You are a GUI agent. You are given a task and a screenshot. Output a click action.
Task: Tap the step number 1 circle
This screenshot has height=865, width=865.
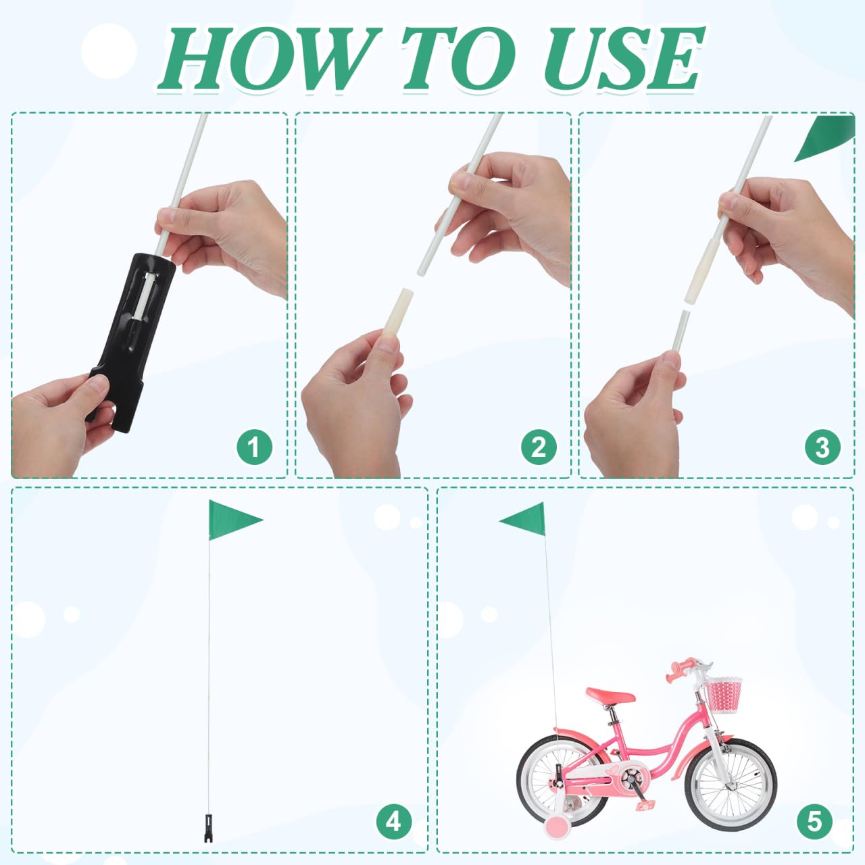[x=255, y=447]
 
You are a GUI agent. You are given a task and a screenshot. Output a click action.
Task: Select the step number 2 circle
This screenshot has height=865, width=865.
[x=539, y=447]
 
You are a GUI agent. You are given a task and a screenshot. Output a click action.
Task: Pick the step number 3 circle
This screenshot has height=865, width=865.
[x=823, y=447]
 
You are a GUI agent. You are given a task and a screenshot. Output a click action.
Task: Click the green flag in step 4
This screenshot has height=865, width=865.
[x=233, y=520]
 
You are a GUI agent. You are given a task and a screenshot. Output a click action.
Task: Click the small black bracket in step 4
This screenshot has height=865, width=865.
[x=208, y=829]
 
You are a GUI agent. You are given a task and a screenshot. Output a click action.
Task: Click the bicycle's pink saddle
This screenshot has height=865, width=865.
[x=610, y=696]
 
